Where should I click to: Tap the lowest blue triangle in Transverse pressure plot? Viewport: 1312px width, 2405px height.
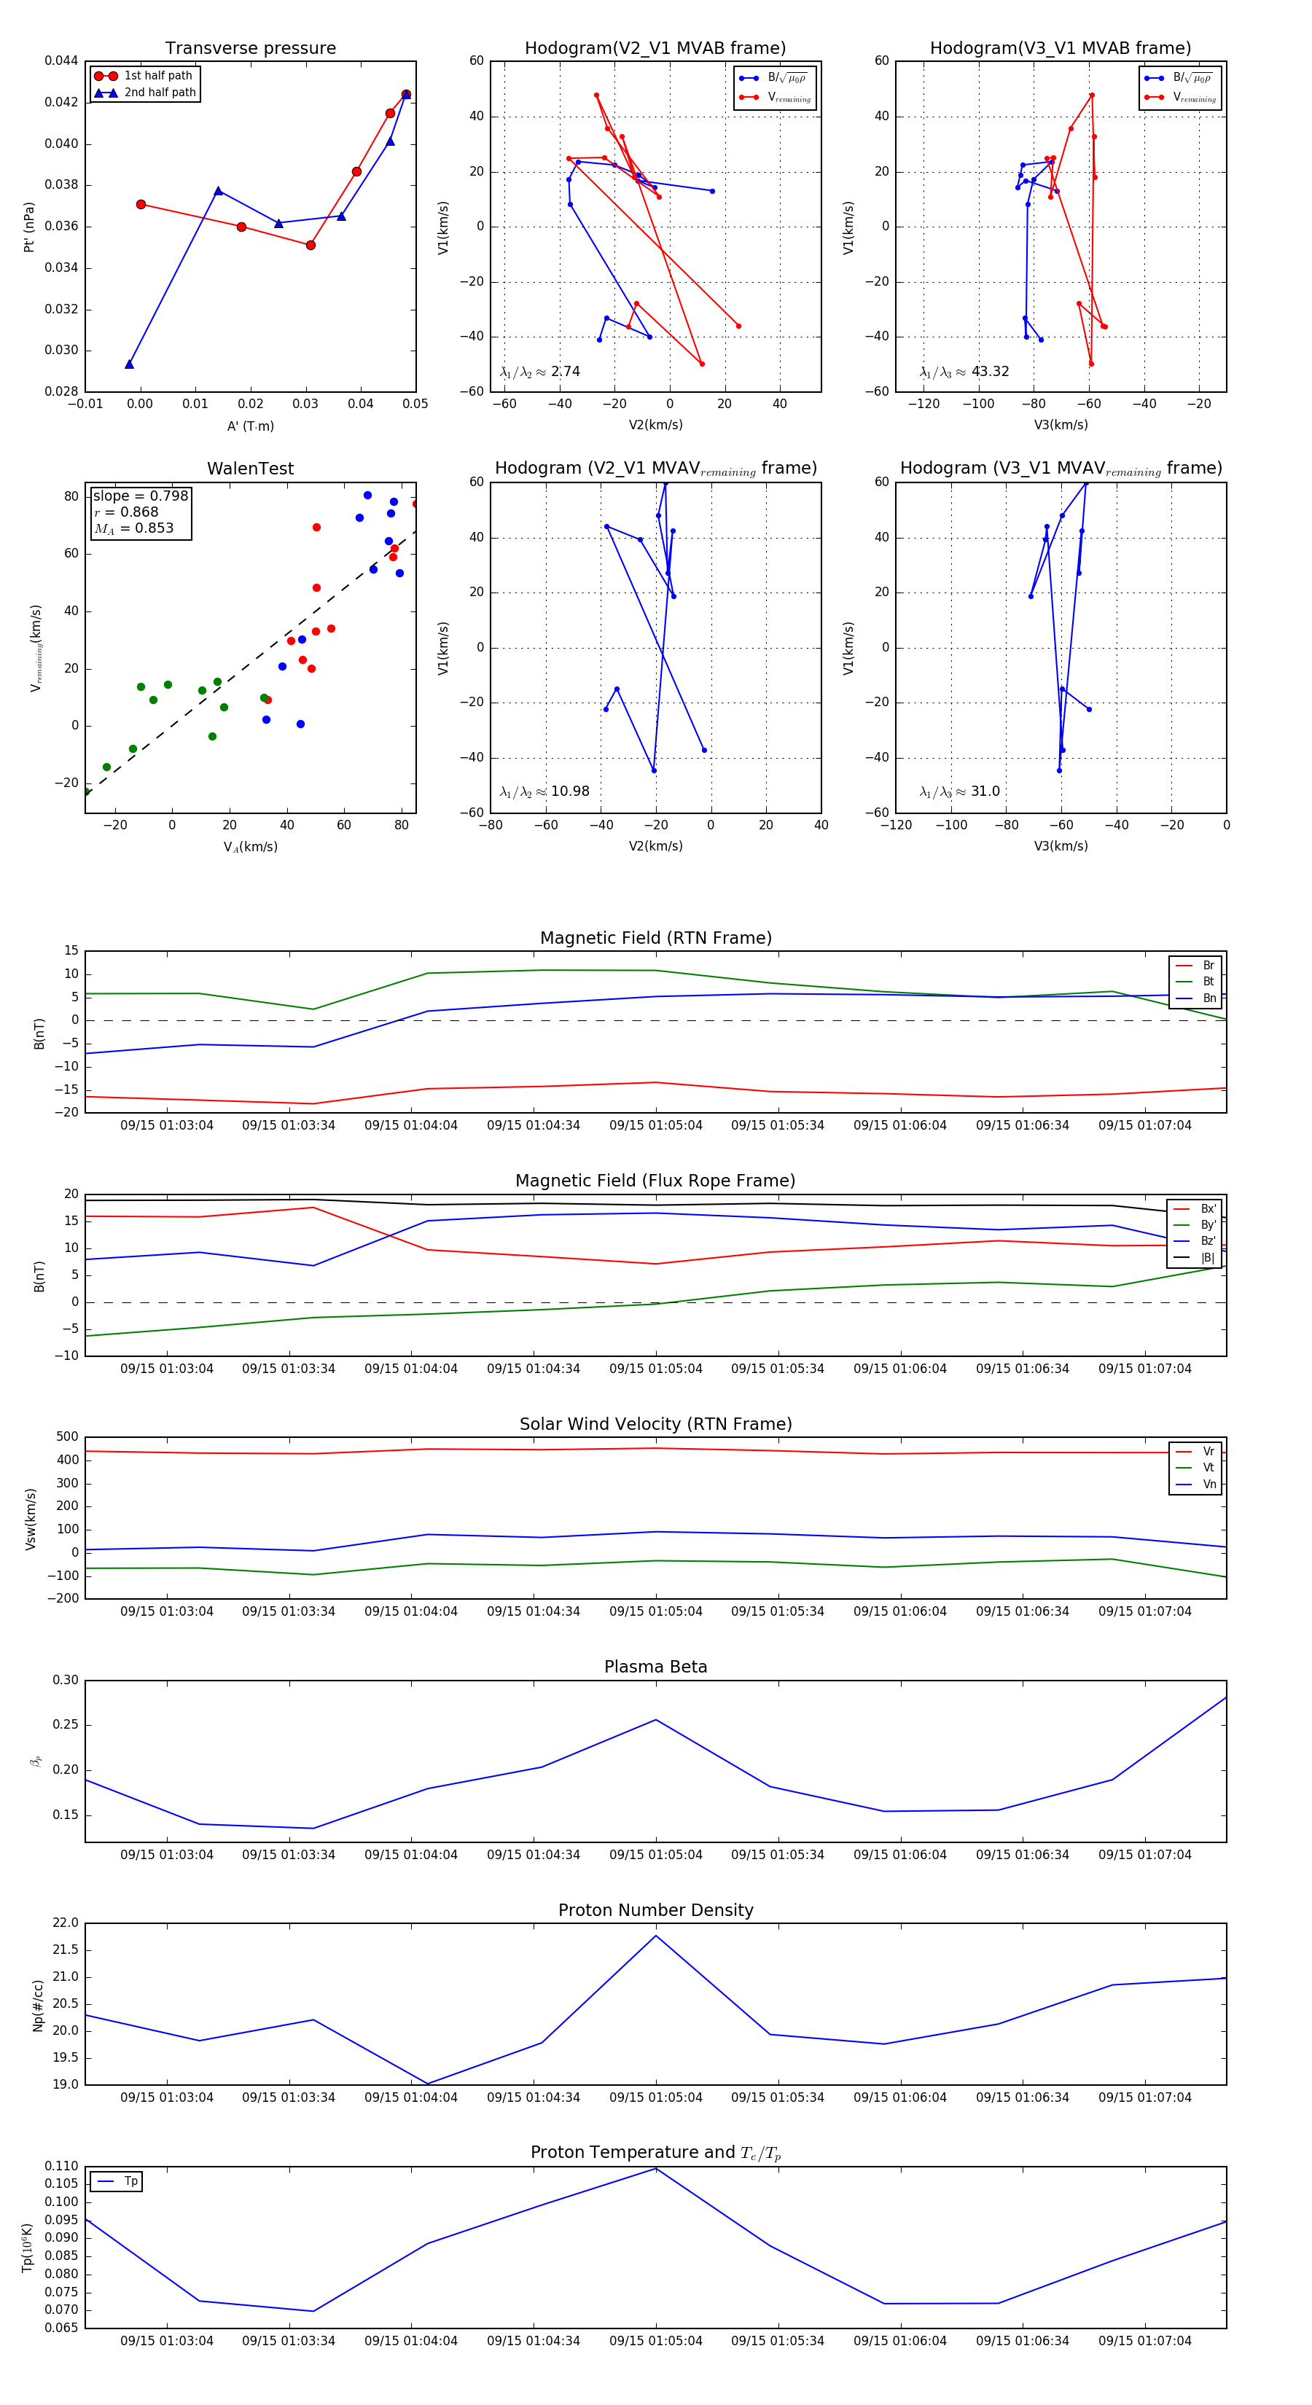pyautogui.click(x=129, y=364)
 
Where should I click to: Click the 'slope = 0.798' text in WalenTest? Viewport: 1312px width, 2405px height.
pyautogui.click(x=140, y=496)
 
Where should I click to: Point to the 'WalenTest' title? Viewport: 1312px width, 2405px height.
pyautogui.click(x=250, y=469)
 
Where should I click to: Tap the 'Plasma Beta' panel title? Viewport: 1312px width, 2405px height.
pyautogui.click(x=655, y=1667)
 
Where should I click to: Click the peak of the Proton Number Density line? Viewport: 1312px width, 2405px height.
pyautogui.click(x=655, y=1936)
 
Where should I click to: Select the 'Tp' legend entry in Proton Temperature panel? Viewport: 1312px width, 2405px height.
pyautogui.click(x=130, y=2181)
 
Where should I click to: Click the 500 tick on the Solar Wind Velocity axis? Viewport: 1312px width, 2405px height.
pyautogui.click(x=67, y=1437)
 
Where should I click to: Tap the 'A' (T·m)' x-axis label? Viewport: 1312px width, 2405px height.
pyautogui.click(x=250, y=426)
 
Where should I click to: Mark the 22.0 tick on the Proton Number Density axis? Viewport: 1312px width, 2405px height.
pyautogui.click(x=66, y=1923)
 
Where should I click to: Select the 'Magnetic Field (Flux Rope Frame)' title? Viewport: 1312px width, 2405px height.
pyautogui.click(x=655, y=1181)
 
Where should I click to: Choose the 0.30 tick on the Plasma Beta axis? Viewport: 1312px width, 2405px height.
pyautogui.click(x=66, y=1681)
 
